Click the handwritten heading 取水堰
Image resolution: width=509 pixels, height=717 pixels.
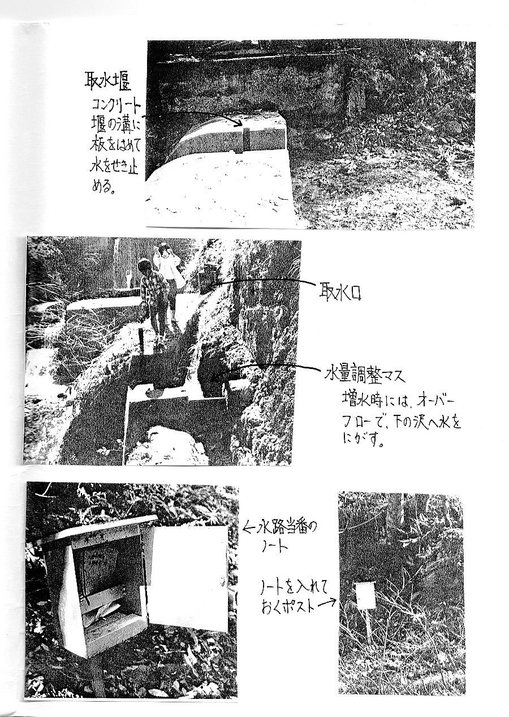107,81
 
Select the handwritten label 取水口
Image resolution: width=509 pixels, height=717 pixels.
340,292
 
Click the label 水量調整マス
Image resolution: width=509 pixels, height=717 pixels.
365,375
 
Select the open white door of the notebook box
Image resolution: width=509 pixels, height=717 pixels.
189,576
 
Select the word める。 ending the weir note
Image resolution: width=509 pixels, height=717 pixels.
103,186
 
